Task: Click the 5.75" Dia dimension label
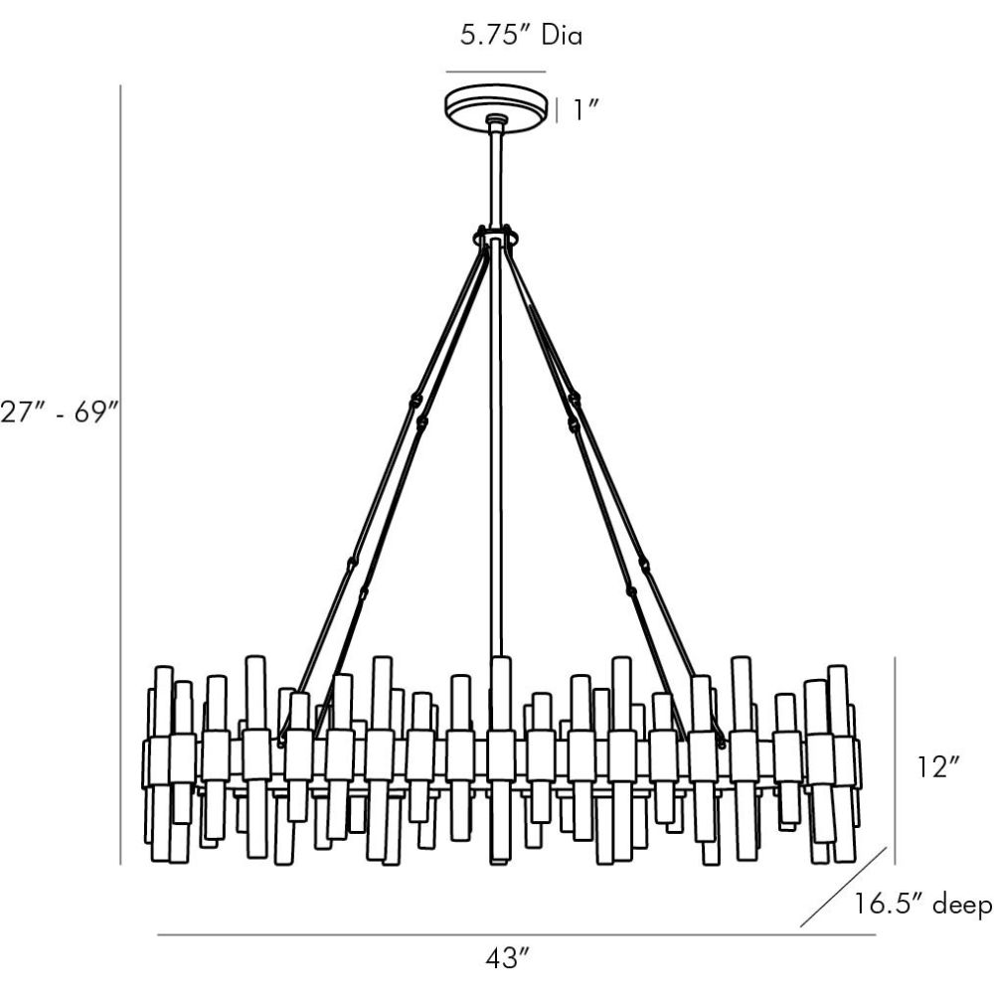pyautogui.click(x=521, y=37)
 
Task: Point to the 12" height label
pyautogui.click(x=939, y=767)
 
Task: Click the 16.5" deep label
pyautogui.click(x=923, y=906)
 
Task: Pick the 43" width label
pyautogui.click(x=507, y=958)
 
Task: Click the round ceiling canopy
pyautogui.click(x=495, y=104)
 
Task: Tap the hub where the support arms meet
pyautogui.click(x=496, y=237)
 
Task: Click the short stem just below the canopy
pyautogui.click(x=495, y=174)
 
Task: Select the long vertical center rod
pyautogui.click(x=495, y=447)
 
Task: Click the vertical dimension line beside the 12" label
pyautogui.click(x=896, y=760)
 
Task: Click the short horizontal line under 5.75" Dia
pyautogui.click(x=495, y=73)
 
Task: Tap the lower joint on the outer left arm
pyautogui.click(x=352, y=564)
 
